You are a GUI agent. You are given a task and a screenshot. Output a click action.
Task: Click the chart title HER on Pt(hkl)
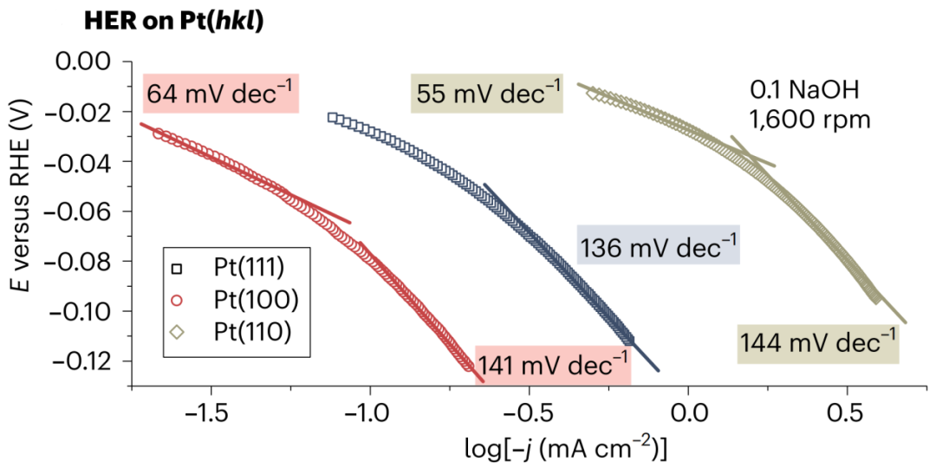coord(173,23)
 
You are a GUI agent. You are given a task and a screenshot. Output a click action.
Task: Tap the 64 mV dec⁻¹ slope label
coord(220,93)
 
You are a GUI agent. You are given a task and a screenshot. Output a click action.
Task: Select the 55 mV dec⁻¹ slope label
coord(487,93)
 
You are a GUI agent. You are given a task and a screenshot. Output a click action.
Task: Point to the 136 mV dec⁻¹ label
coord(659,248)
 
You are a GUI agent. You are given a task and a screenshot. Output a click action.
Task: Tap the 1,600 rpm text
coord(809,120)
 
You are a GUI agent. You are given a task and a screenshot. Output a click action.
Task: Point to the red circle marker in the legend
coord(177,300)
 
